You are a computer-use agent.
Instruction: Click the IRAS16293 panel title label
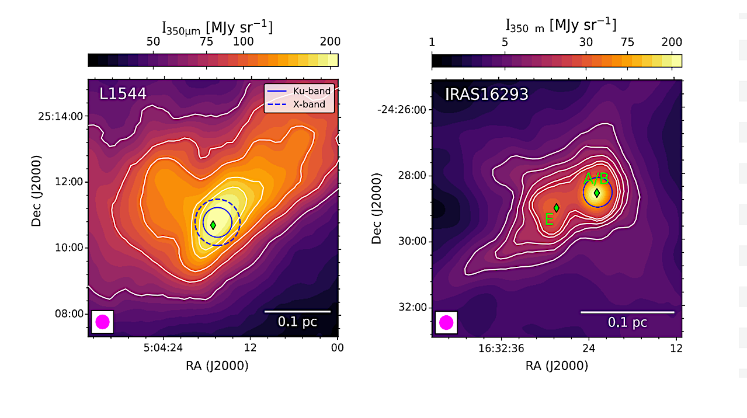pos(487,94)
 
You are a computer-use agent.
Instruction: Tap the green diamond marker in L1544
pos(213,225)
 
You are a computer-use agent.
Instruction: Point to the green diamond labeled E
pos(557,207)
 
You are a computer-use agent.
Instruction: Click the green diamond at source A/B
pos(596,193)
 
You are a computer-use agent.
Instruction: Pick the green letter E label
pos(548,220)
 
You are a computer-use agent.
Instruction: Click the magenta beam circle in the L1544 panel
pos(102,322)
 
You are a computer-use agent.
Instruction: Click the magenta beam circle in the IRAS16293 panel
pos(446,322)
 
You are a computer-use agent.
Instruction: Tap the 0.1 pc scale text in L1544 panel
pos(297,322)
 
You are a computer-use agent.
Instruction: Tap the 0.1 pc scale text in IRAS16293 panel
pos(627,322)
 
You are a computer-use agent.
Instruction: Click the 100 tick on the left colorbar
pos(244,41)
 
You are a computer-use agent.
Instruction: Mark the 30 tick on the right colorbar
pos(586,42)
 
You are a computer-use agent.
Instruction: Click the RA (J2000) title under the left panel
pos(213,366)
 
